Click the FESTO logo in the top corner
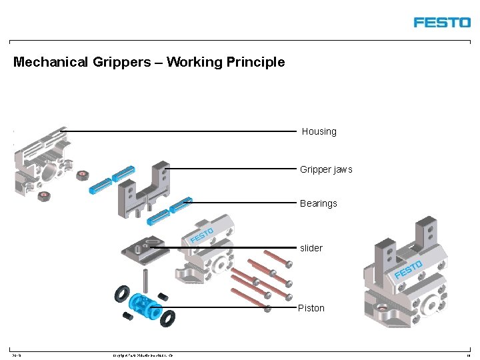click(x=441, y=22)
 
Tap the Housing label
click(x=319, y=131)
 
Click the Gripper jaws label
click(x=326, y=169)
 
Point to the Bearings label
click(x=319, y=203)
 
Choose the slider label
click(x=311, y=248)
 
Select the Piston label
click(x=311, y=308)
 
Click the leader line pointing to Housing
click(x=180, y=131)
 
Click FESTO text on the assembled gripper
click(x=408, y=270)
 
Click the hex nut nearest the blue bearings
click(x=83, y=175)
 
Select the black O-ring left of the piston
click(x=122, y=293)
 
